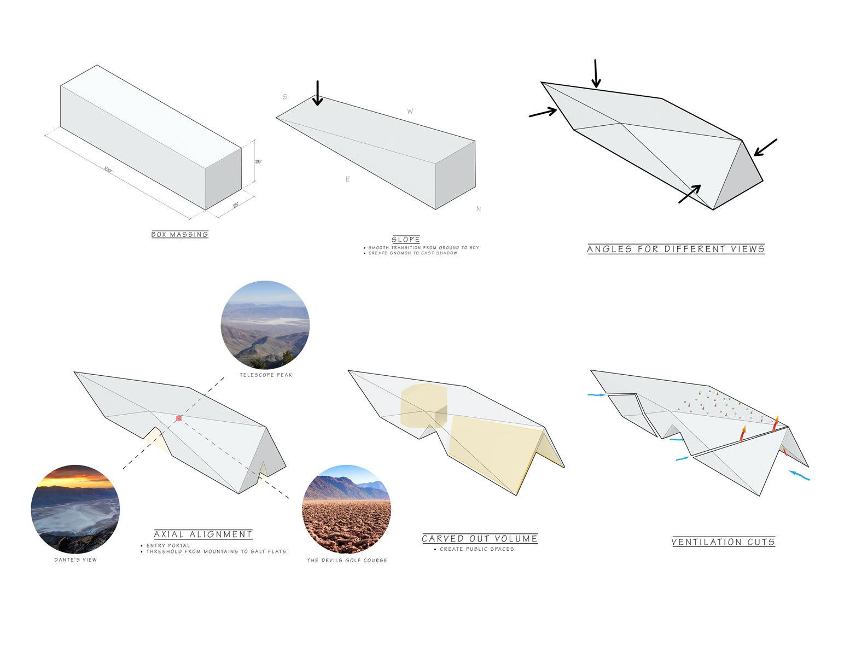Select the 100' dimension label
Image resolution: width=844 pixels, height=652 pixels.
(108, 170)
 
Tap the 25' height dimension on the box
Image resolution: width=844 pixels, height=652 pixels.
(258, 162)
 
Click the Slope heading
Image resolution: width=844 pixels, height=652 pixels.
(405, 240)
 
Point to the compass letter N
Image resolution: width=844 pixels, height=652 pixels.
(479, 209)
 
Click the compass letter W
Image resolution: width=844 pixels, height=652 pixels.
(410, 112)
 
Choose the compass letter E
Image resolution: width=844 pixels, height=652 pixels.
(347, 179)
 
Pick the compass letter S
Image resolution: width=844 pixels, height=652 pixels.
(285, 97)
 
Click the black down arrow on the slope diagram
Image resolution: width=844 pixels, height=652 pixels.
(318, 93)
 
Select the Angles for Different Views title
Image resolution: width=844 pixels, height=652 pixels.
(676, 249)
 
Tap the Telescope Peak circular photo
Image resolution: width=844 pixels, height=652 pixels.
(265, 325)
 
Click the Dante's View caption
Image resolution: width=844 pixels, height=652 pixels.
(75, 560)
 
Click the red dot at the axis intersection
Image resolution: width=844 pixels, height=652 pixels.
(178, 418)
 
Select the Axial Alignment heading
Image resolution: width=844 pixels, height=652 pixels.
(203, 534)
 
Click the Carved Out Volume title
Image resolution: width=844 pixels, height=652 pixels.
(479, 539)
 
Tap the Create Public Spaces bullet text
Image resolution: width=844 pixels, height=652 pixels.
(477, 549)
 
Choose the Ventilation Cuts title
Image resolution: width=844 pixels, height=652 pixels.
(723, 542)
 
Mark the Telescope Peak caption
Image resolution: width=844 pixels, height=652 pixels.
(265, 375)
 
